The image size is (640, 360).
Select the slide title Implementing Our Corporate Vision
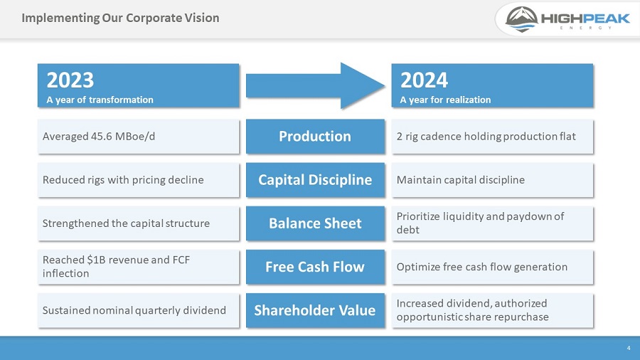120,18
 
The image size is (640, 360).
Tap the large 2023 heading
70,79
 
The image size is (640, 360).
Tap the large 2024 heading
424,79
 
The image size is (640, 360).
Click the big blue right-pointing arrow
314,85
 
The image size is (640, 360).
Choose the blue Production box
315,137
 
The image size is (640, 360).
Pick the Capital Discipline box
315,180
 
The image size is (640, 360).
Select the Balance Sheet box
315,223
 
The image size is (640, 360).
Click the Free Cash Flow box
315,267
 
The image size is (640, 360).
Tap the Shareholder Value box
315,310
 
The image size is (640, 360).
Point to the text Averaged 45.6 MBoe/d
99,137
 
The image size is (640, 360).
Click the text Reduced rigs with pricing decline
123,180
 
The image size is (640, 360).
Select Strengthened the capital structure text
126,223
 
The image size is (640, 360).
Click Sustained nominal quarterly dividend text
134,310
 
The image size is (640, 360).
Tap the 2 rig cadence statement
486,137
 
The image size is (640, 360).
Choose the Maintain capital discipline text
460,180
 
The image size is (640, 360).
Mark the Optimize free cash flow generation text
481,267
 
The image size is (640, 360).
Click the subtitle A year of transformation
100,100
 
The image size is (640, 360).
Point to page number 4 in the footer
629,348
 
